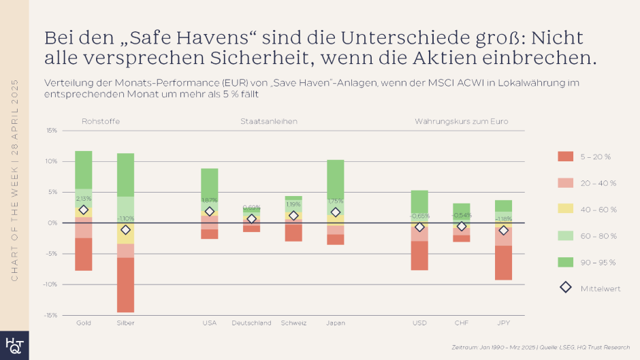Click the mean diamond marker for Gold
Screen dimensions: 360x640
coord(84,210)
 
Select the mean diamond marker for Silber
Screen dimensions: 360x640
coord(125,230)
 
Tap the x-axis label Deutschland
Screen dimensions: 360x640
coord(251,323)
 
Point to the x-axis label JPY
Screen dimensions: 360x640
coord(503,323)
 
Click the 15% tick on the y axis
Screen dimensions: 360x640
coord(52,131)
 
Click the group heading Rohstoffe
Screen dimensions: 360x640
coord(101,121)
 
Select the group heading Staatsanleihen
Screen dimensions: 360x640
coord(268,121)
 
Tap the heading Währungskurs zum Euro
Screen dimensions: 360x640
coord(461,121)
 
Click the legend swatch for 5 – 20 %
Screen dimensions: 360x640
coord(565,157)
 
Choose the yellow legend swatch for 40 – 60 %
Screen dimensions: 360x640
coord(565,210)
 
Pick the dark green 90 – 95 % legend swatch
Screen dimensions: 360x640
coord(565,262)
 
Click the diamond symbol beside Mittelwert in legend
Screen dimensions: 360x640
coord(565,288)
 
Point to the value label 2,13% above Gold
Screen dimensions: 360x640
coord(84,199)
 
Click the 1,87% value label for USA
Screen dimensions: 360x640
coord(209,200)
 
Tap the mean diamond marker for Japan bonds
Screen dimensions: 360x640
coord(336,212)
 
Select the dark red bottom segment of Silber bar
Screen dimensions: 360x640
coord(125,284)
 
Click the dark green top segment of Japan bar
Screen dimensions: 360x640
coord(336,179)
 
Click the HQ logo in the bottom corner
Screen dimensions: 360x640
coord(14,345)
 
